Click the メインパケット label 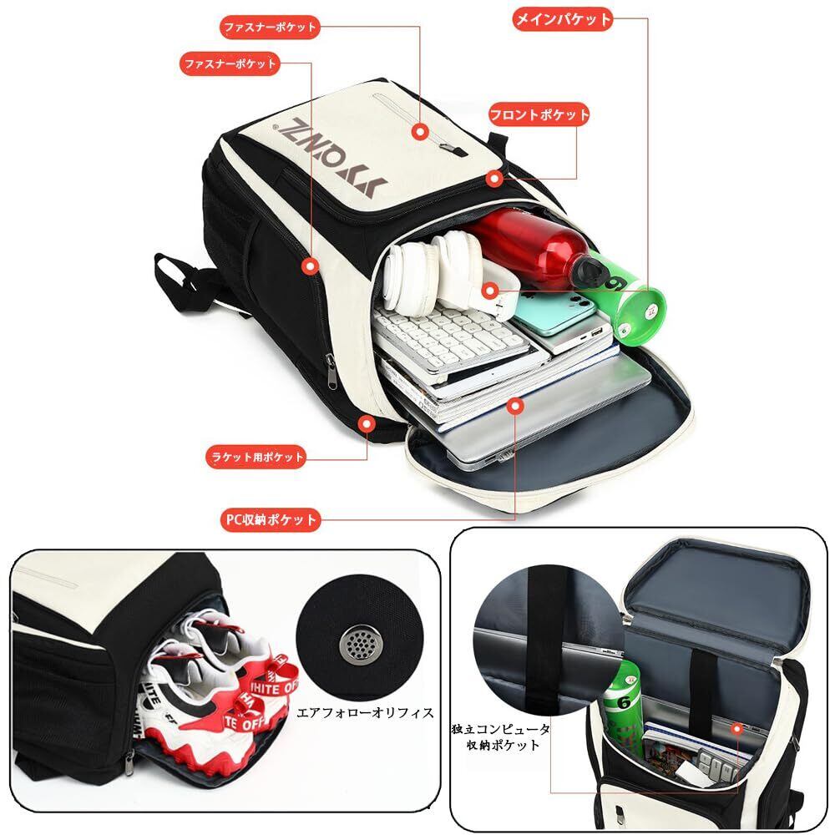(562, 20)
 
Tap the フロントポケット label (539, 114)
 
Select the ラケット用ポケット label (256, 457)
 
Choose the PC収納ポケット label (271, 519)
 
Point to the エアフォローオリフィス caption (366, 712)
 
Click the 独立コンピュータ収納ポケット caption (501, 736)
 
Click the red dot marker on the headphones (490, 291)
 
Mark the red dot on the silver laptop (514, 406)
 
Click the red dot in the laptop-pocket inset (737, 729)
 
